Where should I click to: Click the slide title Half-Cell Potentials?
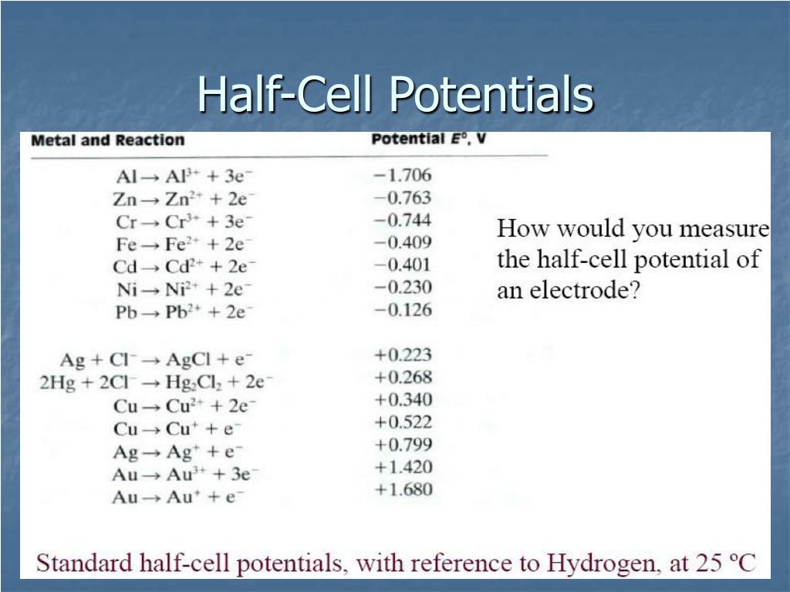(x=395, y=96)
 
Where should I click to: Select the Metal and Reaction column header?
(x=108, y=140)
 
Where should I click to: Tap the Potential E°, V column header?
(x=428, y=140)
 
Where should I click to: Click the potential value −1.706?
(x=402, y=175)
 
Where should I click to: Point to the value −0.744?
(x=402, y=220)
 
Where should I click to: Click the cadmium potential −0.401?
(x=402, y=265)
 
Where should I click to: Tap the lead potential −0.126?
(x=402, y=310)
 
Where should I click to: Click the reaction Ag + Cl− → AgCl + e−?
(x=157, y=359)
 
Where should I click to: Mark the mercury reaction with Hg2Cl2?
(x=156, y=382)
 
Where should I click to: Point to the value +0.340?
(x=403, y=399)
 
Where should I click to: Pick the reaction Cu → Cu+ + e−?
(x=177, y=429)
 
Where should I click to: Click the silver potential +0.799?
(x=403, y=445)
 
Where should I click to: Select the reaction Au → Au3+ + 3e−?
(x=185, y=473)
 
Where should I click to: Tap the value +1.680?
(x=403, y=489)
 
